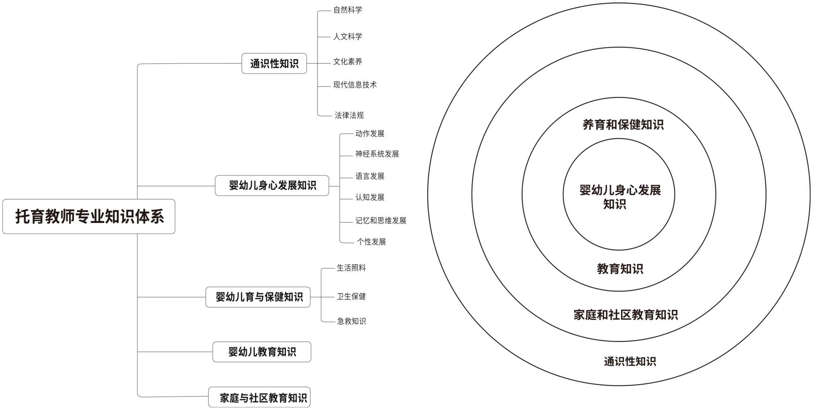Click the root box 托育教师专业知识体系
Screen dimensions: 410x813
[89, 216]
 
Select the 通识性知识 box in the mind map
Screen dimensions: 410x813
[274, 63]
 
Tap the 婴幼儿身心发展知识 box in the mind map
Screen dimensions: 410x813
[272, 185]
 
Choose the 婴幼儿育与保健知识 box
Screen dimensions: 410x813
[258, 297]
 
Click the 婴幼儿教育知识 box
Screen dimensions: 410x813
[262, 352]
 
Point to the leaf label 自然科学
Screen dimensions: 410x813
[348, 10]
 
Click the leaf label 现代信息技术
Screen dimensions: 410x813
[355, 85]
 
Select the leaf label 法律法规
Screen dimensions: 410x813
[349, 115]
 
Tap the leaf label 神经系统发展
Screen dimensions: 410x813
[377, 154]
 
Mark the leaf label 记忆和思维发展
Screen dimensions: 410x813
[380, 220]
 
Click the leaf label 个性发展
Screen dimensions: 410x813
[371, 242]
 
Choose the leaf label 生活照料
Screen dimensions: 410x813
[351, 268]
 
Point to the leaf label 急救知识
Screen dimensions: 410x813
[351, 321]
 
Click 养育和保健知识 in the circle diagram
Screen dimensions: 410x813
[623, 124]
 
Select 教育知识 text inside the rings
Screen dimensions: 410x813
[620, 268]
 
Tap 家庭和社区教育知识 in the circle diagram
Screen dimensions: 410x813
[626, 314]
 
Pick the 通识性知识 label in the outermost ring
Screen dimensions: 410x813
[630, 361]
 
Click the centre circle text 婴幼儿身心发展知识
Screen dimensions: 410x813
[620, 196]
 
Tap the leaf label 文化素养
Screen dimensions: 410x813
[348, 61]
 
